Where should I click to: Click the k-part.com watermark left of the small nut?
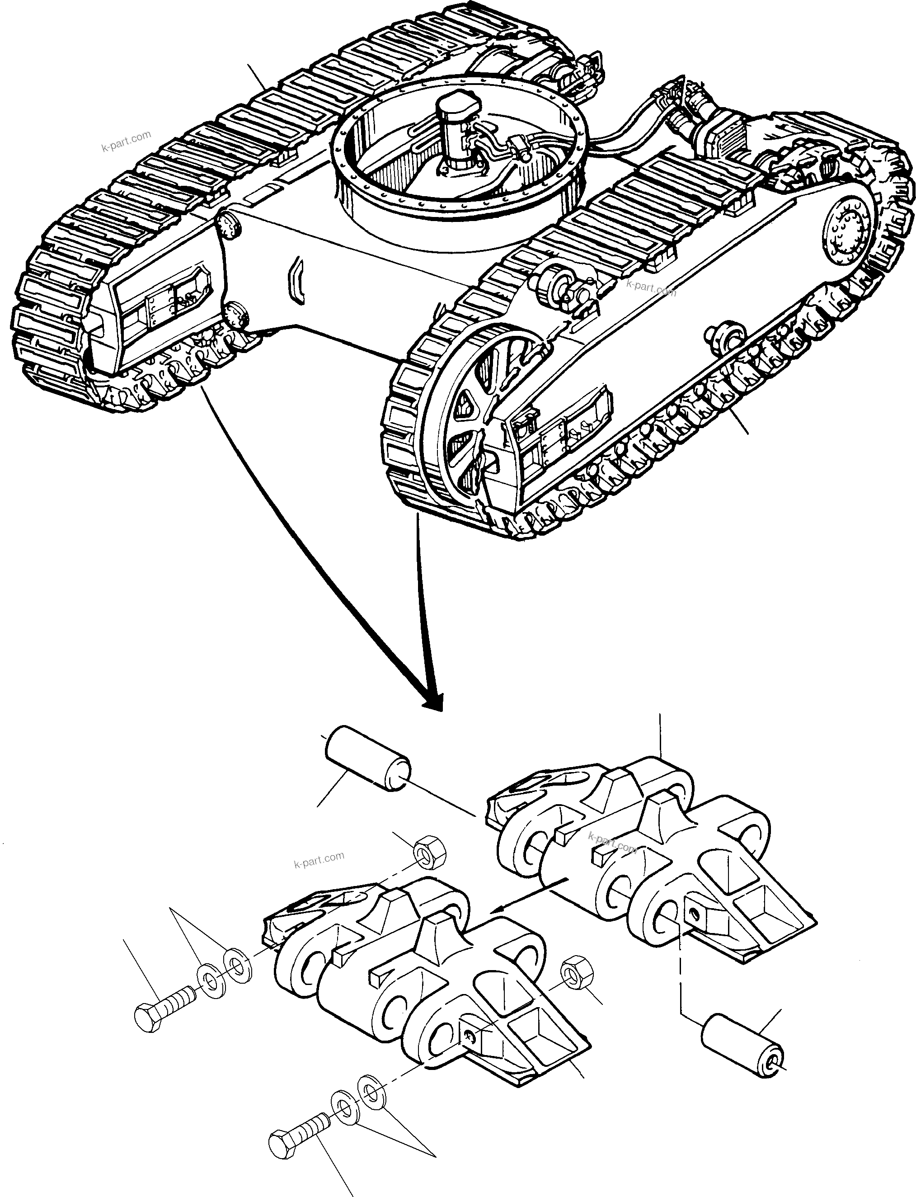[319, 859]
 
